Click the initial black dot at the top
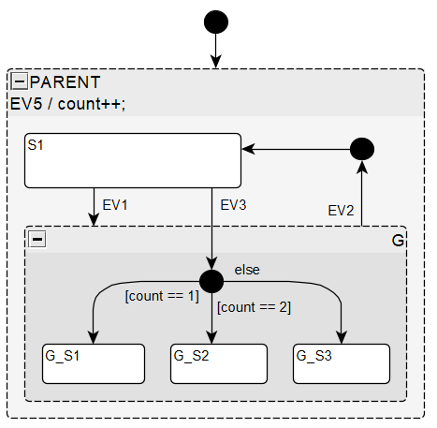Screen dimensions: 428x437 click(x=215, y=21)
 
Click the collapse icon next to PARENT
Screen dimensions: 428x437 click(x=19, y=82)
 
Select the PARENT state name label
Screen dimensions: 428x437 click(x=65, y=82)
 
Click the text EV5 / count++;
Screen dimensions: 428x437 click(x=67, y=103)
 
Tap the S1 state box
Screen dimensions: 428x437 click(x=133, y=160)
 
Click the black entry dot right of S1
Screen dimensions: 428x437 click(x=361, y=148)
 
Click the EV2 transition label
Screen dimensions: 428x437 click(x=340, y=211)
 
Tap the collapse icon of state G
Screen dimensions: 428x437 click(x=37, y=240)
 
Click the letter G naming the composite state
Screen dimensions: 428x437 click(x=397, y=241)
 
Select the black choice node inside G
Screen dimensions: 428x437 click(x=212, y=280)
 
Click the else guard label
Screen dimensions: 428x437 click(x=247, y=270)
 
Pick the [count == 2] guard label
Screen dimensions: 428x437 click(x=254, y=306)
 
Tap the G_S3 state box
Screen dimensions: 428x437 click(x=341, y=363)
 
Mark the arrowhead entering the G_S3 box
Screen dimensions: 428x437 click(x=342, y=338)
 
